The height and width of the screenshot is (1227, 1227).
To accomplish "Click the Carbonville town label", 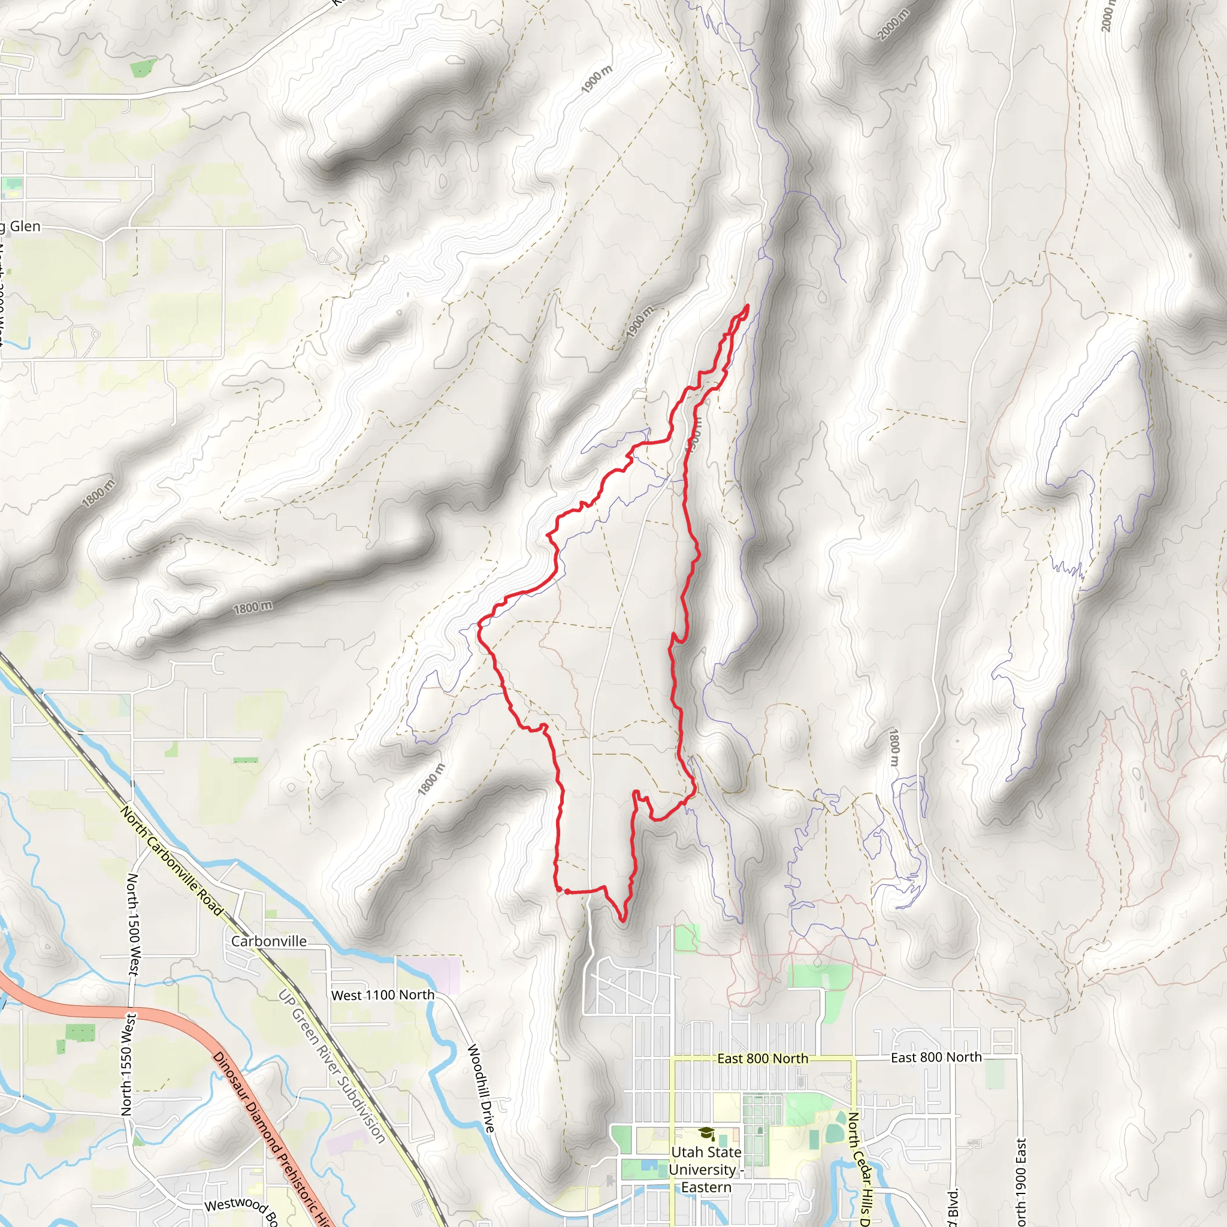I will point(268,941).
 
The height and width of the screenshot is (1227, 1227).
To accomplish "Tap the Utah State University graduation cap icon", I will point(706,1134).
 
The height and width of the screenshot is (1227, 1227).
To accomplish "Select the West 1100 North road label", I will point(383,995).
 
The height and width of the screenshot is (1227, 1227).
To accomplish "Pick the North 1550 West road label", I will point(128,1064).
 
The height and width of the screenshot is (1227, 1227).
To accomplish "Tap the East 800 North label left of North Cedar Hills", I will point(762,1059).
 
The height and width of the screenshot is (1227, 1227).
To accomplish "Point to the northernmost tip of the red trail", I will point(748,306).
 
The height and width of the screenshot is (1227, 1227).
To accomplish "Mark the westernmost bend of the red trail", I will point(479,625).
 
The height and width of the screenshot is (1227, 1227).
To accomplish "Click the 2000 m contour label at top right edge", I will point(1107,16).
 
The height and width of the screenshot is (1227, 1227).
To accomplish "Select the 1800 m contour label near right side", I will point(893,748).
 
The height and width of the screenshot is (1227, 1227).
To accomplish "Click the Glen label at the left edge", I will point(24,226).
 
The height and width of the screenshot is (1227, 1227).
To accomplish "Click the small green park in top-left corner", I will point(144,67).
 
